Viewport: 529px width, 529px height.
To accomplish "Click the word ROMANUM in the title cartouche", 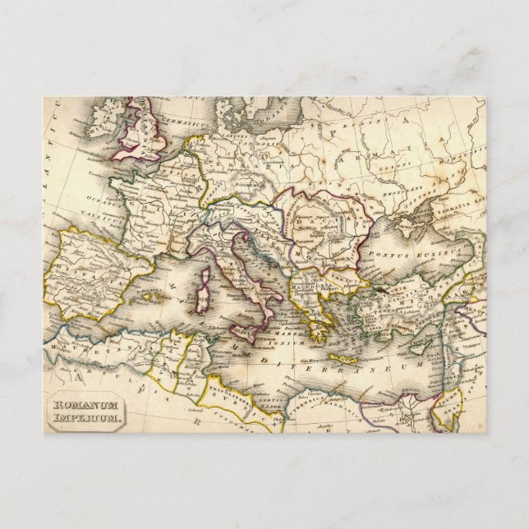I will pos(86,405).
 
